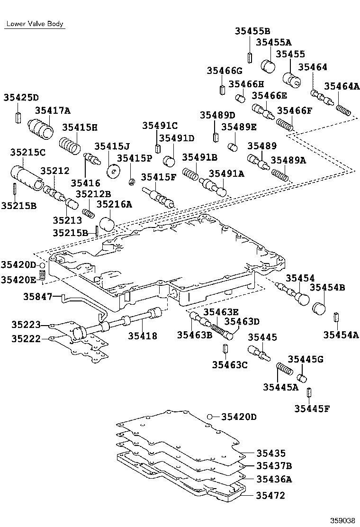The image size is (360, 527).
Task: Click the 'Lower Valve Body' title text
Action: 35,24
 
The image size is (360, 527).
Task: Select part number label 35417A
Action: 52,111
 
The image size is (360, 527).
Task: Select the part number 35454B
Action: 327,288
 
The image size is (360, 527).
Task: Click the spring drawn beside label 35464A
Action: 344,109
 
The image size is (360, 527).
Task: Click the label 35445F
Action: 311,408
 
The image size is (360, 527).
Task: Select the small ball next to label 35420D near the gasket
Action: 209,417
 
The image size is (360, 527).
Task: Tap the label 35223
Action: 27,325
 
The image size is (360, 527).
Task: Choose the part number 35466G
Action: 224,71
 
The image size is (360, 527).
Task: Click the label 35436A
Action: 274,479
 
